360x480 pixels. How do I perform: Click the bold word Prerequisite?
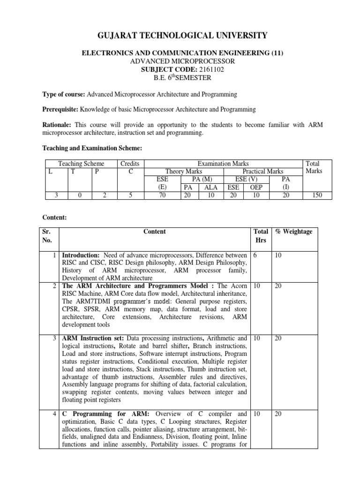point(60,109)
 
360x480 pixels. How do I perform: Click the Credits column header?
point(130,164)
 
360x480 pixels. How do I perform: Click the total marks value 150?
point(317,195)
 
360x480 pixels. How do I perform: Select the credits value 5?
point(130,195)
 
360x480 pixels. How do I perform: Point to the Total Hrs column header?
point(261,236)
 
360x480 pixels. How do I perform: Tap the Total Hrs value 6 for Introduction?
point(255,255)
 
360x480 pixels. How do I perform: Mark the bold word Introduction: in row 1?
point(81,255)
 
